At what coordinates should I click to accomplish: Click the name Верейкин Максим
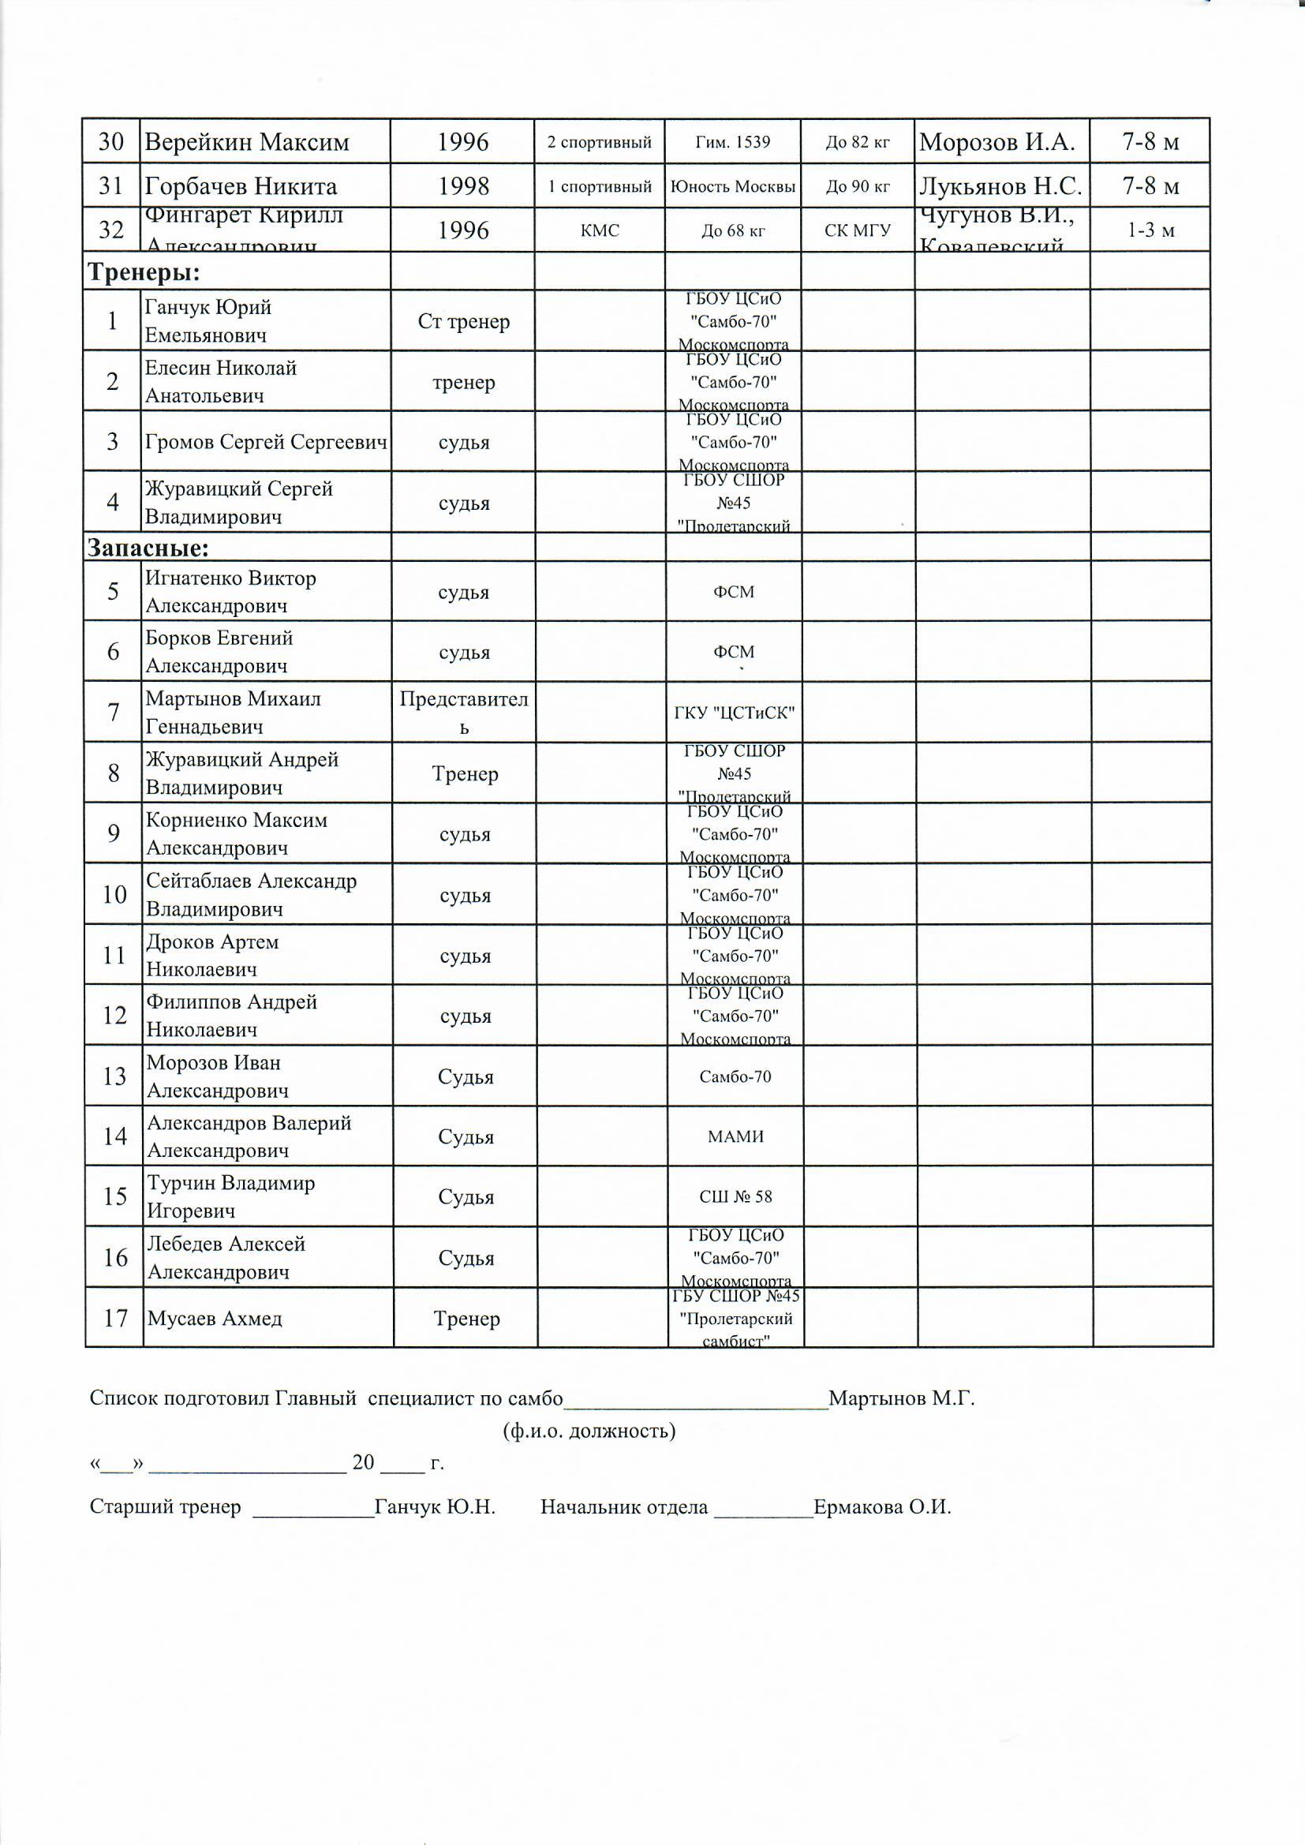pyautogui.click(x=247, y=142)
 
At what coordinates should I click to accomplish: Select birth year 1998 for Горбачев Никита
pyautogui.click(x=463, y=186)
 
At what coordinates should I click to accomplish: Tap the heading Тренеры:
pyautogui.click(x=144, y=272)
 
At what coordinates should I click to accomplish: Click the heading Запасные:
pyautogui.click(x=148, y=548)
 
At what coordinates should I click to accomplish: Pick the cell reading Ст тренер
pyautogui.click(x=464, y=321)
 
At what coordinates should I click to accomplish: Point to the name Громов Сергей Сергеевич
pyautogui.click(x=266, y=442)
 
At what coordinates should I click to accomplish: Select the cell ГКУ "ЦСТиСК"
pyautogui.click(x=735, y=712)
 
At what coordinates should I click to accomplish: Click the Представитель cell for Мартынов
pyautogui.click(x=464, y=713)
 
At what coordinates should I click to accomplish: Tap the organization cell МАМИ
pyautogui.click(x=735, y=1136)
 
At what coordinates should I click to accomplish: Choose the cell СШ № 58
pyautogui.click(x=735, y=1196)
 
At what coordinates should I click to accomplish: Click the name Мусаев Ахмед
pyautogui.click(x=215, y=1318)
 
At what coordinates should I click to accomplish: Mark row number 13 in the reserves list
pyautogui.click(x=115, y=1076)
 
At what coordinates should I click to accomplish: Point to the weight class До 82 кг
pyautogui.click(x=858, y=142)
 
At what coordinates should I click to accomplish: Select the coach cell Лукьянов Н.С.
pyautogui.click(x=1000, y=186)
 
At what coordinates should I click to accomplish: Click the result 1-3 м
pyautogui.click(x=1150, y=230)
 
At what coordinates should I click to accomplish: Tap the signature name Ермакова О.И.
pyautogui.click(x=881, y=1506)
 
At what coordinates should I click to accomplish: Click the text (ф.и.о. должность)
pyautogui.click(x=589, y=1431)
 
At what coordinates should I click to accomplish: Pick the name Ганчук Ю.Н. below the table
pyautogui.click(x=435, y=1506)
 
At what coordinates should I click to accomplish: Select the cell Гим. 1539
pyautogui.click(x=732, y=142)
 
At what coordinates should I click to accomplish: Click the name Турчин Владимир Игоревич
pyautogui.click(x=230, y=1196)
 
